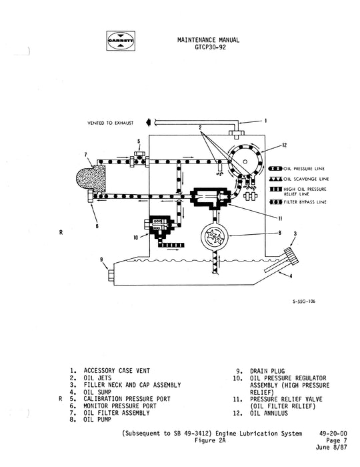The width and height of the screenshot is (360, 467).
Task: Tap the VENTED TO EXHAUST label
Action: (x=110, y=123)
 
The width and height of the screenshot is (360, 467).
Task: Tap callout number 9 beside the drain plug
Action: (x=101, y=260)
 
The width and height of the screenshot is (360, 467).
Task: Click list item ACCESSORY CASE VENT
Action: (x=118, y=370)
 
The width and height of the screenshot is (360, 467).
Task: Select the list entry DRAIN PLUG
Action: (x=268, y=370)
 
